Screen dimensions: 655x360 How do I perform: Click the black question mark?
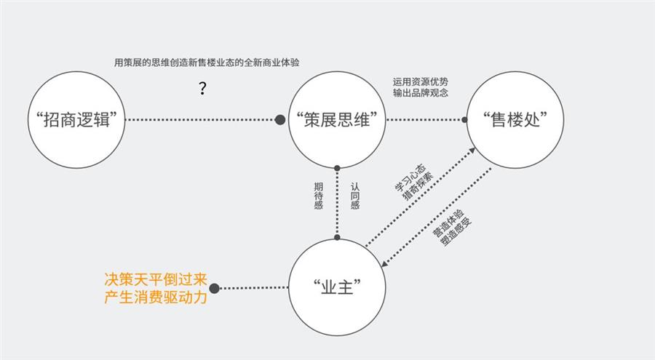click(x=202, y=88)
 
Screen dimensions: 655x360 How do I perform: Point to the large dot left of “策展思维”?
click(x=280, y=120)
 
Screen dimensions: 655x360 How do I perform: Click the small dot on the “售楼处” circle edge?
click(x=464, y=120)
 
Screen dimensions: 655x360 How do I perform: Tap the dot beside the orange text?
click(x=214, y=288)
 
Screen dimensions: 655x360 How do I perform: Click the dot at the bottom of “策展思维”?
click(x=337, y=168)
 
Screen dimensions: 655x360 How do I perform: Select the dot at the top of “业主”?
click(x=337, y=238)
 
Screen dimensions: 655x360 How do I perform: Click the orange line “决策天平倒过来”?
click(x=156, y=279)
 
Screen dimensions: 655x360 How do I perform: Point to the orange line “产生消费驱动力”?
click(x=156, y=297)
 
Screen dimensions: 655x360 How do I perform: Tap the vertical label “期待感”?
click(x=319, y=196)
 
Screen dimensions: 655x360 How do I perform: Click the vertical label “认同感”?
click(x=355, y=196)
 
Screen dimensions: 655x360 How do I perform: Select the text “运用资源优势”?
click(x=420, y=82)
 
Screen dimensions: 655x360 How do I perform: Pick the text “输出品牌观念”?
click(x=420, y=92)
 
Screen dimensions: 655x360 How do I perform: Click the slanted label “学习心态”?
click(x=410, y=178)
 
